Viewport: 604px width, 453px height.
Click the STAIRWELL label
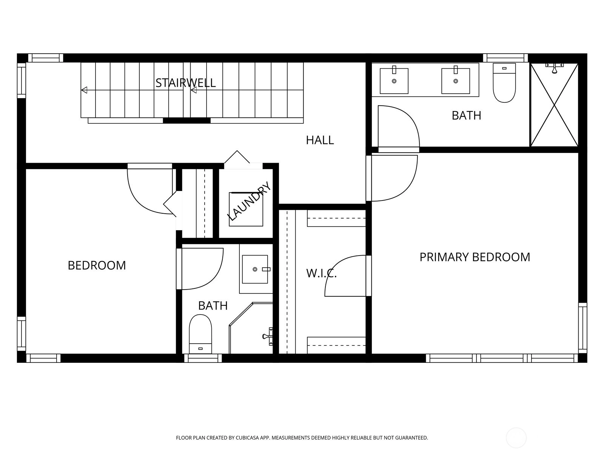pos(185,83)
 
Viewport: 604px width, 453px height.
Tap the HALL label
pos(320,140)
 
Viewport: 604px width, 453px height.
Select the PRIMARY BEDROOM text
pos(475,257)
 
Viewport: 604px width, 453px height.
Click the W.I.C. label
pos(321,273)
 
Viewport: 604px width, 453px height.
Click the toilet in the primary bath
pos(504,83)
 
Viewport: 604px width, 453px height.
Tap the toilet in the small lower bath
pos(200,334)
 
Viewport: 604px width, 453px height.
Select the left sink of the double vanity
pos(394,80)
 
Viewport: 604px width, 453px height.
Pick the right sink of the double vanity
pos(456,80)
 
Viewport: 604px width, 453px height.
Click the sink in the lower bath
pos(255,269)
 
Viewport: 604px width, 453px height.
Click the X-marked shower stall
pos(554,105)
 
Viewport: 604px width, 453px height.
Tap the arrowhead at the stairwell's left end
pos(84,90)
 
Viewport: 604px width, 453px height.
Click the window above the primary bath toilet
pos(505,58)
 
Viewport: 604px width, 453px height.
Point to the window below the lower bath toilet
pos(203,358)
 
